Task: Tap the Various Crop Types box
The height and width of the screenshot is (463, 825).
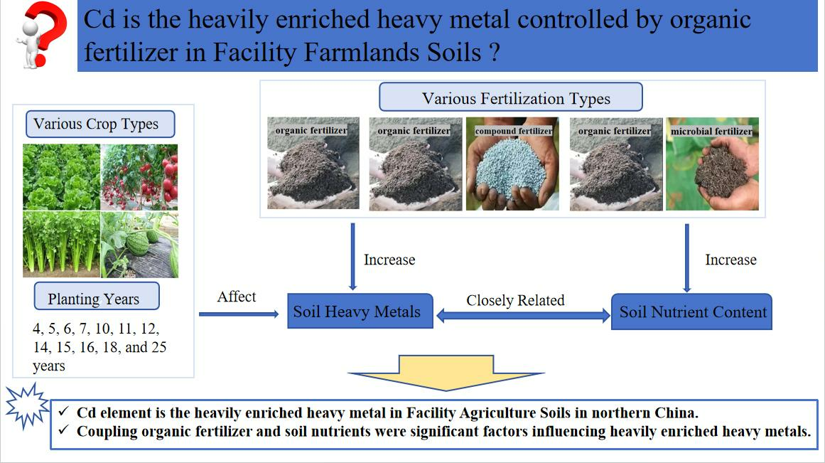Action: [x=100, y=124]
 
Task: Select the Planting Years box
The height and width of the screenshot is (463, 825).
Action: [x=97, y=297]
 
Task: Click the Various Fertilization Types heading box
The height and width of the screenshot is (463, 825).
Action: [x=511, y=97]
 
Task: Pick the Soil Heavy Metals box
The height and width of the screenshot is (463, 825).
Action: [x=360, y=312]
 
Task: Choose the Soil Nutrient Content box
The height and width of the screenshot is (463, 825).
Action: [x=691, y=312]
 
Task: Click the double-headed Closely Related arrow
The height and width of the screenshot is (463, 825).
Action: [x=523, y=316]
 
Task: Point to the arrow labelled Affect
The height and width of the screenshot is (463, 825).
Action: [x=239, y=314]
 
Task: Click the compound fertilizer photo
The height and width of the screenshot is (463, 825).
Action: [x=512, y=164]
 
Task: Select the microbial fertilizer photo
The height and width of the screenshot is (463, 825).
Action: [x=713, y=164]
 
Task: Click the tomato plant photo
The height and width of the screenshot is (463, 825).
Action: [x=139, y=178]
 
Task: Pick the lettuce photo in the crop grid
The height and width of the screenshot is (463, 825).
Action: [x=62, y=178]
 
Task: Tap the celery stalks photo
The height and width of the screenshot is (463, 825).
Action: [x=62, y=245]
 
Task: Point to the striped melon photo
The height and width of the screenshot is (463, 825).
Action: [x=139, y=245]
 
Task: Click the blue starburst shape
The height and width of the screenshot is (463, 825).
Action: [x=28, y=405]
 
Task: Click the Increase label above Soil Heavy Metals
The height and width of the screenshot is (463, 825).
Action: [x=389, y=260]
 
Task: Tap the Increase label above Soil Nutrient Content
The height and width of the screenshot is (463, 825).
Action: [x=730, y=260]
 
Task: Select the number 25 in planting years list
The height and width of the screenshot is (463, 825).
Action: [x=159, y=348]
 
